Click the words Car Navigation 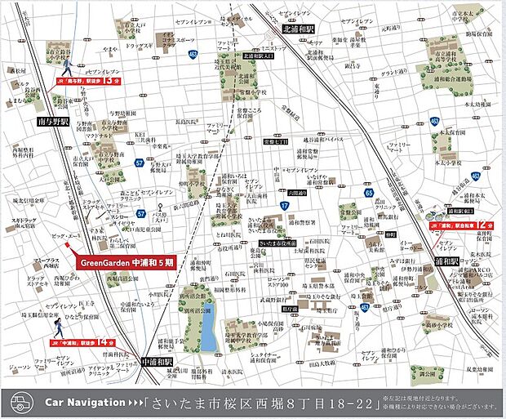coord(82,403)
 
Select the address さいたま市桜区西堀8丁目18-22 coord(261,403)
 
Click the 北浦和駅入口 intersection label coord(260,56)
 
